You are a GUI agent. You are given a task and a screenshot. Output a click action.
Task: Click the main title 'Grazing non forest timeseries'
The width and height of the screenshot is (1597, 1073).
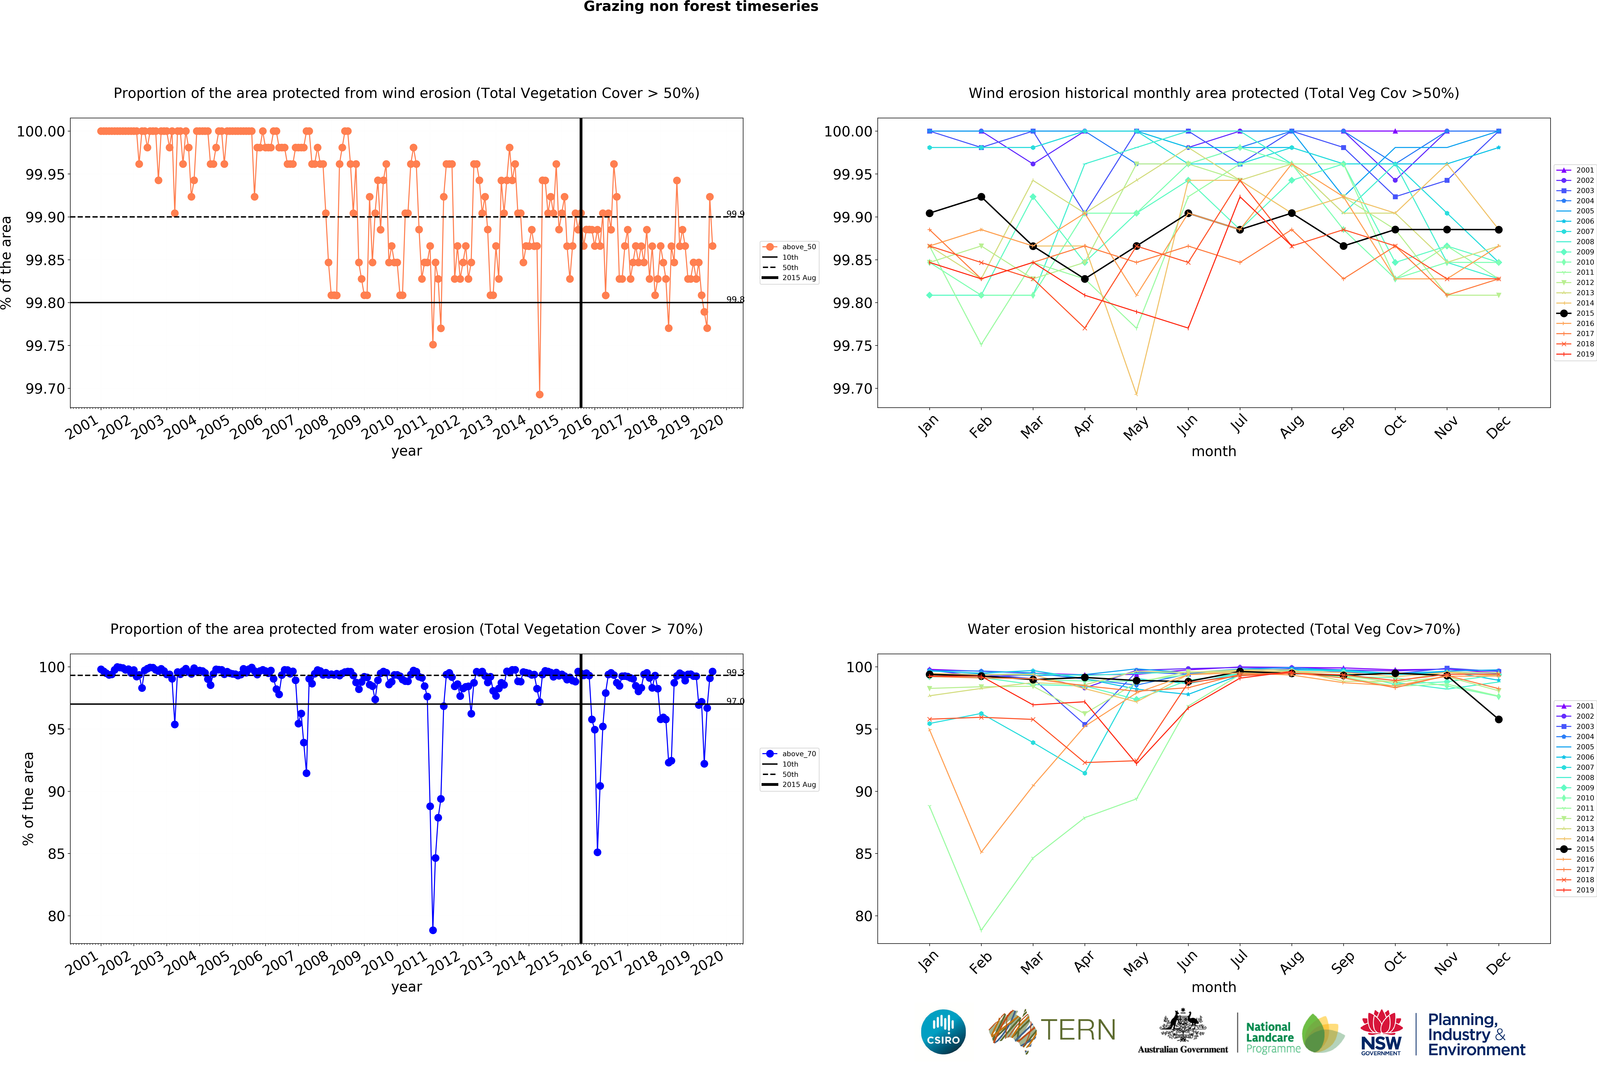coord(701,7)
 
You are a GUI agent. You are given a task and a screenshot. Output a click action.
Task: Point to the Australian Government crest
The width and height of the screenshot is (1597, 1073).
coord(1182,1026)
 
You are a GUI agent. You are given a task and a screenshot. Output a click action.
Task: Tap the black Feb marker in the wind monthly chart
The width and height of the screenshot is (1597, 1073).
coord(981,197)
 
